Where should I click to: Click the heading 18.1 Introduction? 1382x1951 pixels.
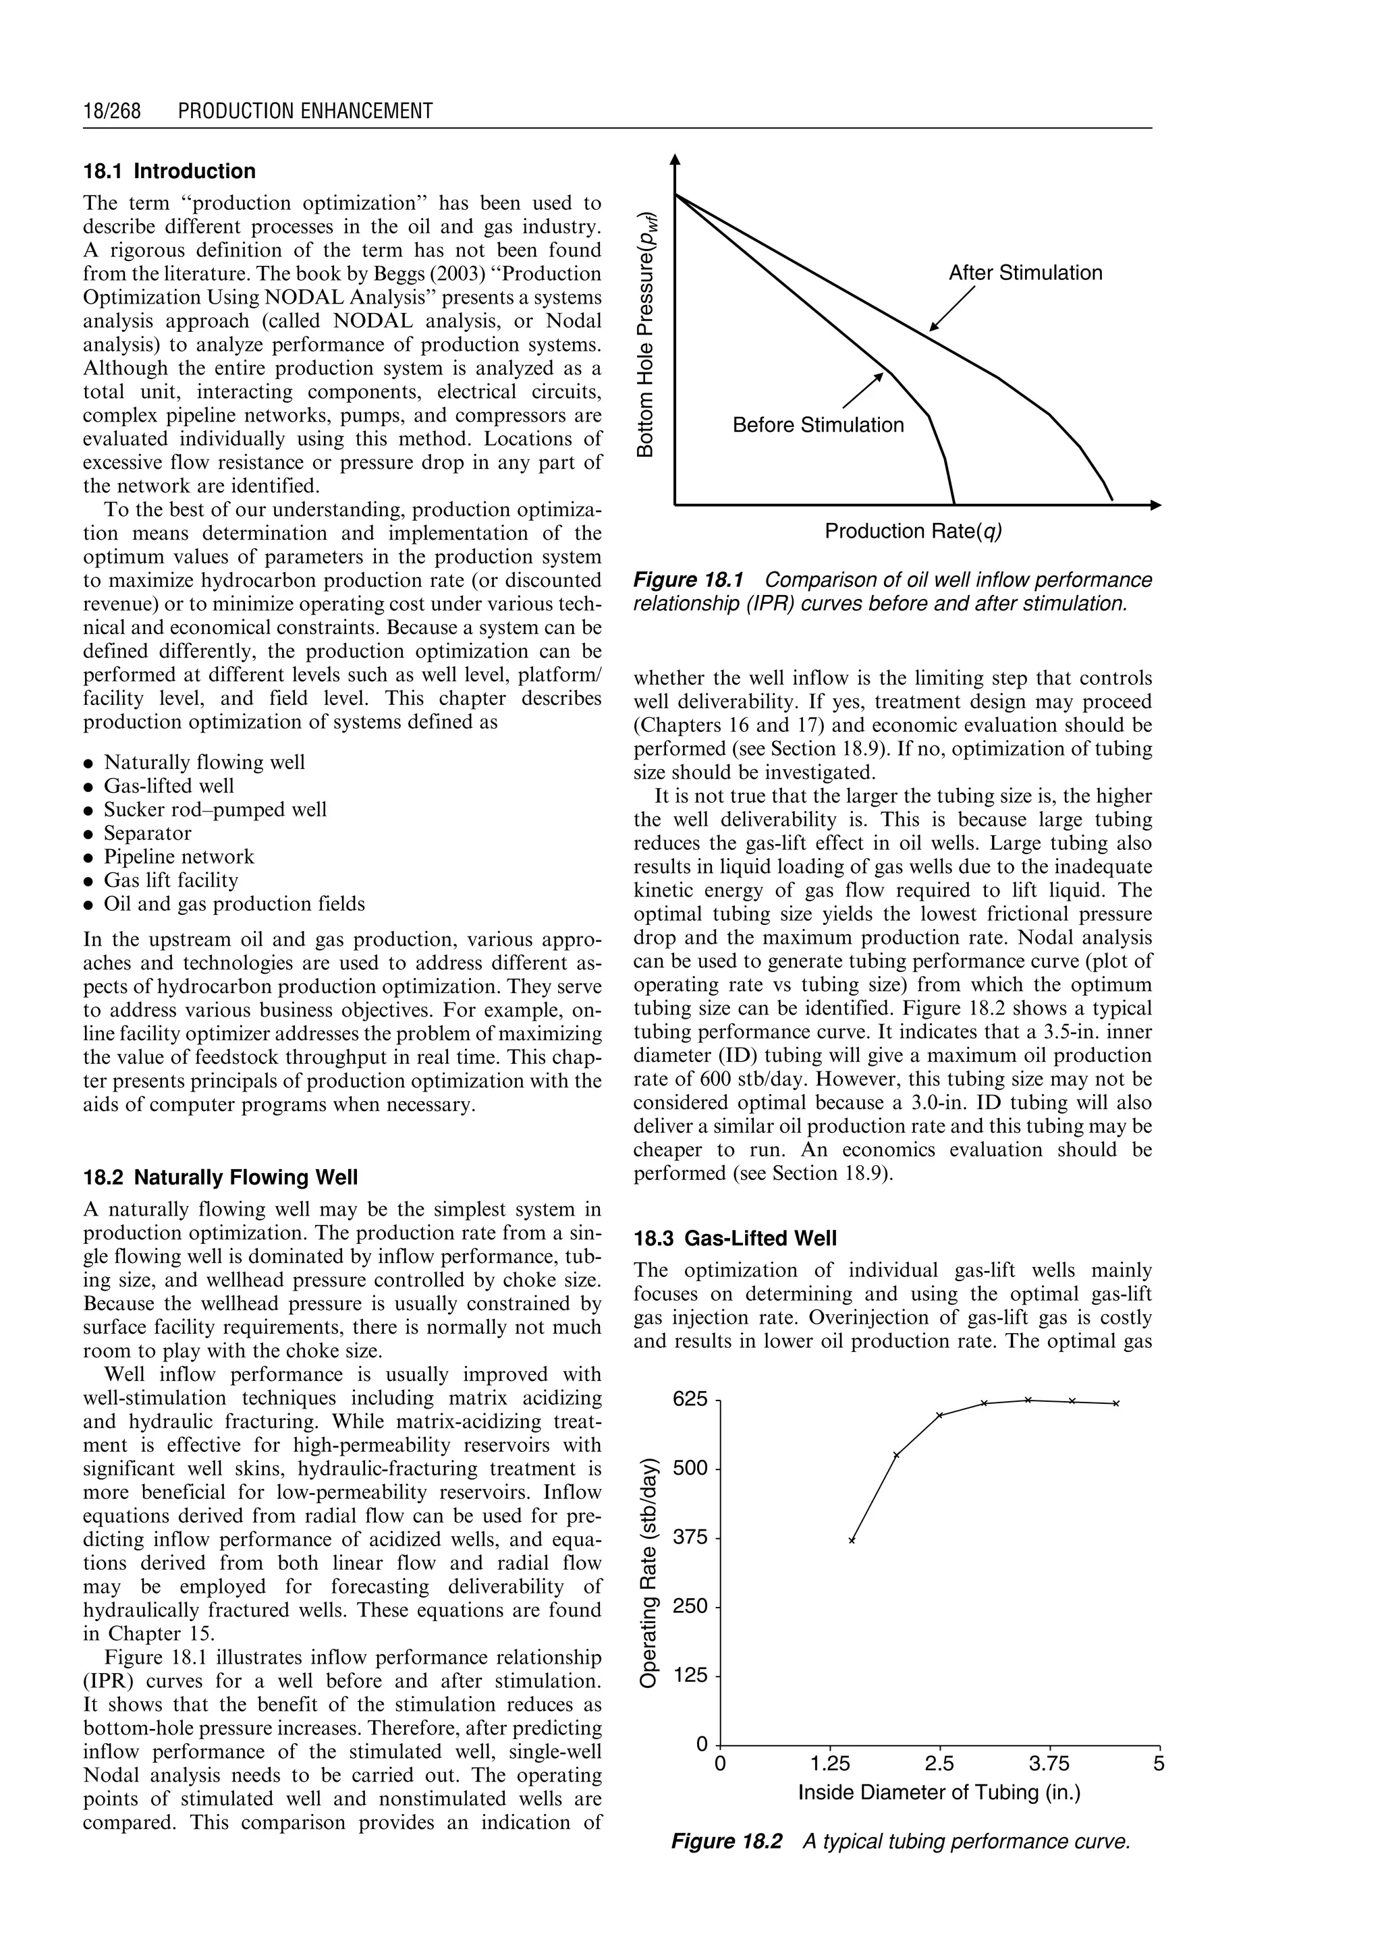(169, 171)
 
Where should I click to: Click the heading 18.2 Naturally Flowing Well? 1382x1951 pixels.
(221, 1178)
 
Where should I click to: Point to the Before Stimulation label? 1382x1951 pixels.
(818, 426)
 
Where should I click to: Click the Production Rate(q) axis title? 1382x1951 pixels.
(913, 532)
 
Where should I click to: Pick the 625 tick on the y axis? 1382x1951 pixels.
(690, 1398)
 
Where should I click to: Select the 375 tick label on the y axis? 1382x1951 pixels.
(690, 1538)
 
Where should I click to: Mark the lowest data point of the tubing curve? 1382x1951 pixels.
(851, 1541)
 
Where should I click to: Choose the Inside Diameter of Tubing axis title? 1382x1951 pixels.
(939, 1792)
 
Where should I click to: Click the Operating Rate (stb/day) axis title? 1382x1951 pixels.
(649, 1573)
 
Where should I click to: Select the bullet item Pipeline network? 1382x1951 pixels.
(179, 857)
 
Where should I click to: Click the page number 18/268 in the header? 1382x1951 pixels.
(111, 111)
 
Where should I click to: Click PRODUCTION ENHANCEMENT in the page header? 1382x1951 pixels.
(306, 111)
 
